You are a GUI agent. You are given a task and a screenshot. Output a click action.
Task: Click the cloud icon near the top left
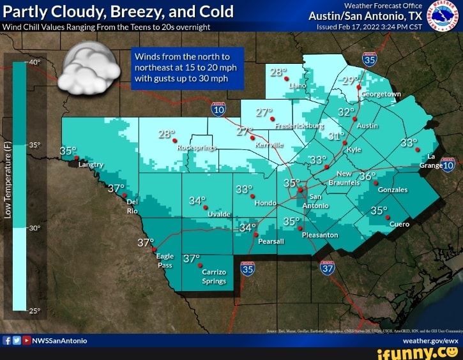pos(88,69)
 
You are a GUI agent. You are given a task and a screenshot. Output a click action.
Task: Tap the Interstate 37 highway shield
pos(328,269)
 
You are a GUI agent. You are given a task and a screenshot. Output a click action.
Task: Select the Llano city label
pos(297,85)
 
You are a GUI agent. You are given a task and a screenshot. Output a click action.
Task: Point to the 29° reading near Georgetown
pos(349,81)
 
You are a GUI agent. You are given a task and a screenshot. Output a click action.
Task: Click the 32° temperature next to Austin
pos(346,112)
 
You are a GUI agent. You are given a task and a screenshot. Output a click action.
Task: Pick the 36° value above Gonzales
pos(367,176)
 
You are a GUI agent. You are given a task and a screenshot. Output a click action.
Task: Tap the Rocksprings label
pos(195,146)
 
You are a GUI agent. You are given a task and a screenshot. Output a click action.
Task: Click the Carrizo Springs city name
pos(214,276)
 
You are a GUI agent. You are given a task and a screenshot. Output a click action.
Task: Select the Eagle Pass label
pos(165,260)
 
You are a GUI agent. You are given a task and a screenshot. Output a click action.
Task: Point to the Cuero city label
pos(400,224)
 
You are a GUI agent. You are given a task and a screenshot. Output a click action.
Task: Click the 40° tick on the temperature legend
pos(34,63)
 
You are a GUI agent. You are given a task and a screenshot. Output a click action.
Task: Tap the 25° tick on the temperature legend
pos(34,311)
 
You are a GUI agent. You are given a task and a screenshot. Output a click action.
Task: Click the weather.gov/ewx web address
pos(430,340)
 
